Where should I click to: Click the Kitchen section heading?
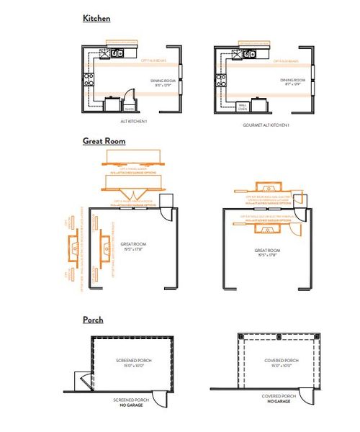pos(96,18)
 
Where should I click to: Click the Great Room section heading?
pos(104,141)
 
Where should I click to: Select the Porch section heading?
pos(93,319)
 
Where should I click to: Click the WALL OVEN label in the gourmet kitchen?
pos(243,107)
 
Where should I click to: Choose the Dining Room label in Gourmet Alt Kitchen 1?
pos(293,83)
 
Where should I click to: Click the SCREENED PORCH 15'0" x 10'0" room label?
pos(132,363)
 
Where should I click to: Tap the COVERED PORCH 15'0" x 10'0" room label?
pos(281,363)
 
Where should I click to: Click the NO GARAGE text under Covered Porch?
pos(279,400)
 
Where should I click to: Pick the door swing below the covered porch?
pos(307,392)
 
